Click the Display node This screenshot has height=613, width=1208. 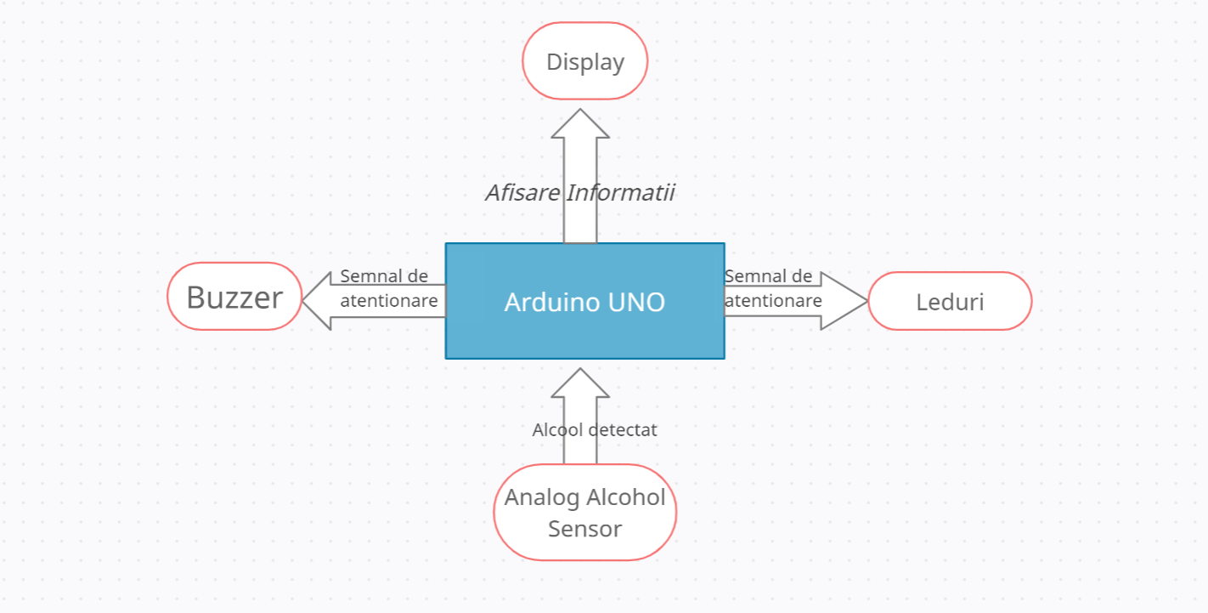point(585,61)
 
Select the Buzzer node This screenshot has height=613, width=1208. point(234,296)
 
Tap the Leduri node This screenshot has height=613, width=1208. point(951,301)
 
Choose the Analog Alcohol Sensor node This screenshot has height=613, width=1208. point(585,512)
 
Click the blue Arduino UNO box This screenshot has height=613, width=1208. point(585,301)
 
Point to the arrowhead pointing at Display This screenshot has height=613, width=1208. point(580,123)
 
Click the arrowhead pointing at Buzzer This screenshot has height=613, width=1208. point(317,301)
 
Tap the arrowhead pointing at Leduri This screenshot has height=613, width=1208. point(844,301)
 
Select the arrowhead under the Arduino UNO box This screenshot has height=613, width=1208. point(580,383)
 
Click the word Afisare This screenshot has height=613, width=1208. point(522,193)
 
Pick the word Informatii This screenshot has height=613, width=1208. point(621,193)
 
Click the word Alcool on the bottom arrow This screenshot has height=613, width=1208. point(557,430)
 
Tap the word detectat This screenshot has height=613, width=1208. point(623,430)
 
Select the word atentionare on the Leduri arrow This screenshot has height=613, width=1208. point(773,301)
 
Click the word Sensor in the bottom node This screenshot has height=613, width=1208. point(585,529)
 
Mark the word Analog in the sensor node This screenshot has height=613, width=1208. point(542,498)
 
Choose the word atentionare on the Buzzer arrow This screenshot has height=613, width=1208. point(389,301)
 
